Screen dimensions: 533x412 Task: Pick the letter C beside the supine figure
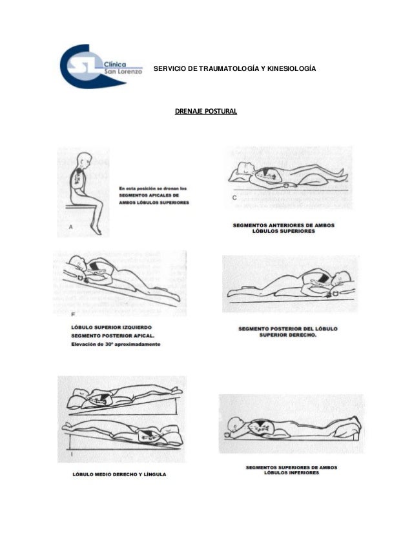click(x=234, y=197)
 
